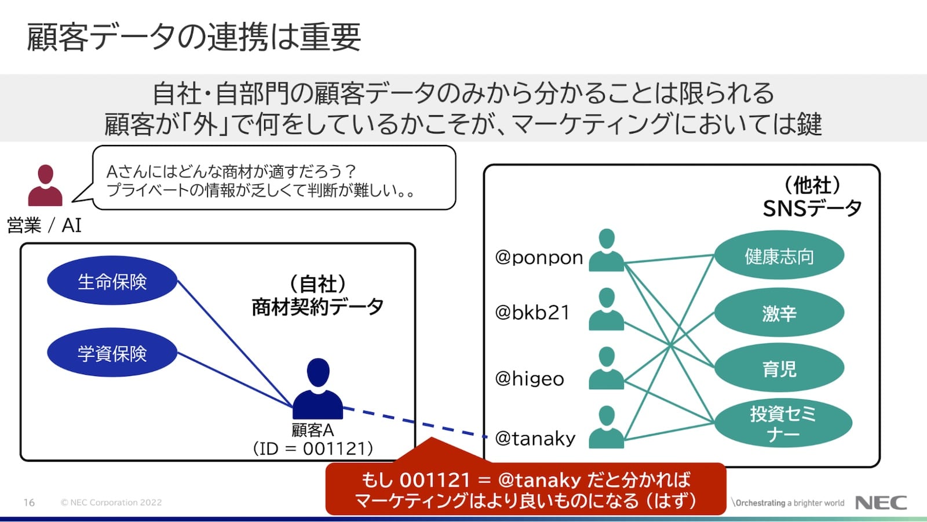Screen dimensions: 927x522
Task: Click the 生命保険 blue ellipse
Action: [x=112, y=281]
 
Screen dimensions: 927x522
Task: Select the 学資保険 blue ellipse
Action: [x=112, y=353]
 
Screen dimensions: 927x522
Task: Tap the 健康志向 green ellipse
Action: [x=779, y=255]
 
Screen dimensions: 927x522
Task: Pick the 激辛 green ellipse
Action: [x=779, y=313]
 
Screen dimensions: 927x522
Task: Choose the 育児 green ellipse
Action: [x=779, y=368]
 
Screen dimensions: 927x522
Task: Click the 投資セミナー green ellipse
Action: [x=782, y=423]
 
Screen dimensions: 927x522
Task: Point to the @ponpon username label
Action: [x=539, y=258]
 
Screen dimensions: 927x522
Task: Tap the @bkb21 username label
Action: [x=532, y=313]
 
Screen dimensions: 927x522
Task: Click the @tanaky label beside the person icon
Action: [x=535, y=438]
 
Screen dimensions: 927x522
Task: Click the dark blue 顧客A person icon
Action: [x=318, y=389]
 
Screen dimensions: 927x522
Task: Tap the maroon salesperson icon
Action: [x=45, y=185]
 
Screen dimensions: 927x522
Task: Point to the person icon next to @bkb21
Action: [x=606, y=309]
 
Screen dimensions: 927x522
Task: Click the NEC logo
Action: [x=881, y=502]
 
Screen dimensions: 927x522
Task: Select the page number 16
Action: [x=29, y=502]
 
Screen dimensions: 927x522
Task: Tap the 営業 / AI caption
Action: [x=44, y=226]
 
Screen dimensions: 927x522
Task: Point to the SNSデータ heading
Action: [x=812, y=208]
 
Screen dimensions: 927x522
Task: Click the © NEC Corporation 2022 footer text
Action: [x=111, y=502]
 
